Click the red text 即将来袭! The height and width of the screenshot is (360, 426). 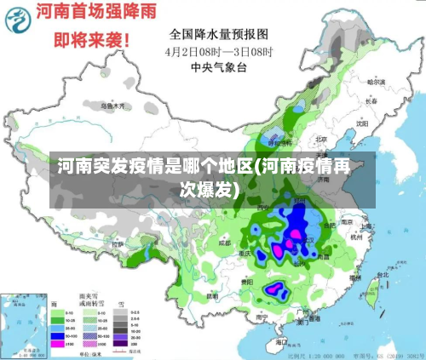(92, 40)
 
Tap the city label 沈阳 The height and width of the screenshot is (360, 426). (362, 122)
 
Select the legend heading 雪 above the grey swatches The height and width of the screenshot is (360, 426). (120, 302)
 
